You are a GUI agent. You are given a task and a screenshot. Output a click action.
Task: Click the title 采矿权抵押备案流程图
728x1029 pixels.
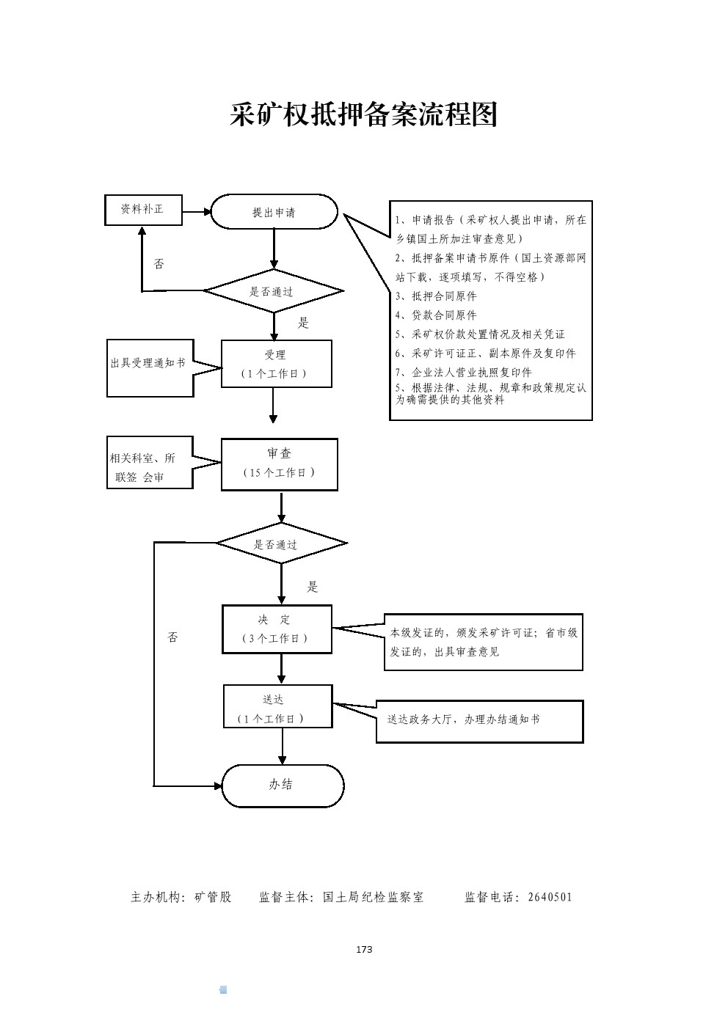point(364,115)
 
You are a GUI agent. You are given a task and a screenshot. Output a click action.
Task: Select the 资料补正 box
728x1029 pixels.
point(143,210)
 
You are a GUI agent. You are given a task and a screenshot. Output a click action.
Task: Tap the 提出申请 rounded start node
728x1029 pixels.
point(274,212)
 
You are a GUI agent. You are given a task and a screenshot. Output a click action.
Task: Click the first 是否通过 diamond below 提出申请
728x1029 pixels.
point(273,291)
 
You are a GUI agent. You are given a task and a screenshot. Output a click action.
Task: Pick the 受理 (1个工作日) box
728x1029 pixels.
point(276,364)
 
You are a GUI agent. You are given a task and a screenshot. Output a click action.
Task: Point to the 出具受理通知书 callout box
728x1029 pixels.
point(150,367)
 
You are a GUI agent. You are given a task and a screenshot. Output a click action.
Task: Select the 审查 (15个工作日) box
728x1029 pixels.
point(280,464)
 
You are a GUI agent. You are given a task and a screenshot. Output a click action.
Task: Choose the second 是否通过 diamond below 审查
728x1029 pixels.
point(281,543)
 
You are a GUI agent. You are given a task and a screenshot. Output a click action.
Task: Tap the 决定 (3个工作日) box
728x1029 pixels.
point(277,629)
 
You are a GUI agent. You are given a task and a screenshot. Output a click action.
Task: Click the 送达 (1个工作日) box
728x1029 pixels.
point(277,707)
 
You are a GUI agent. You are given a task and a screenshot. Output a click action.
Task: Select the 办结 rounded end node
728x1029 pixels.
point(283,786)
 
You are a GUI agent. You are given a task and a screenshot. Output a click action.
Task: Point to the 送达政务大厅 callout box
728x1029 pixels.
point(480,721)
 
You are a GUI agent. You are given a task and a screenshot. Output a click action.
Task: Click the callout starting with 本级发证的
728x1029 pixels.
point(484,642)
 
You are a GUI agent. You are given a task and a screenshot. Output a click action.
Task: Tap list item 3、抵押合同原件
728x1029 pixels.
point(436,296)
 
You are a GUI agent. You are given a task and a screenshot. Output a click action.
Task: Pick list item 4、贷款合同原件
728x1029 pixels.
point(436,315)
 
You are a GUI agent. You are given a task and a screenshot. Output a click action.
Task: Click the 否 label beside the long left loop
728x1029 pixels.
point(173,637)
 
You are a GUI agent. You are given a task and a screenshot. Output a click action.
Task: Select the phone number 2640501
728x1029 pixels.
point(550,897)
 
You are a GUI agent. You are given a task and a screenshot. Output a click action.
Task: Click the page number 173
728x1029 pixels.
point(364,950)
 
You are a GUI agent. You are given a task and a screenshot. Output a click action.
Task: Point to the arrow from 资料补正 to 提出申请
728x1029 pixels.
point(196,212)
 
